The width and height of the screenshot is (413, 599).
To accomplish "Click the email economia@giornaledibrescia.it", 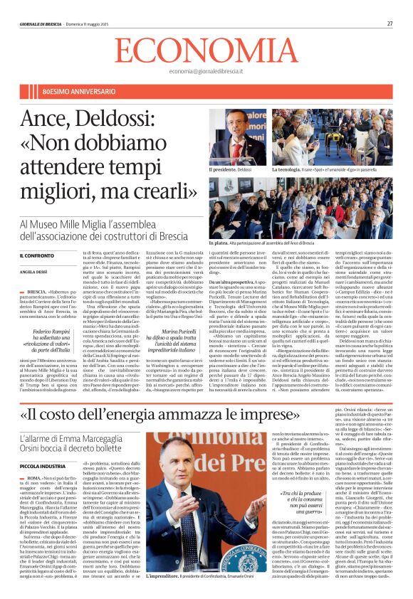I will coord(207,71).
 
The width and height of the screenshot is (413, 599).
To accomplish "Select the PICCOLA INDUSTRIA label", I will coord(43,465).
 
